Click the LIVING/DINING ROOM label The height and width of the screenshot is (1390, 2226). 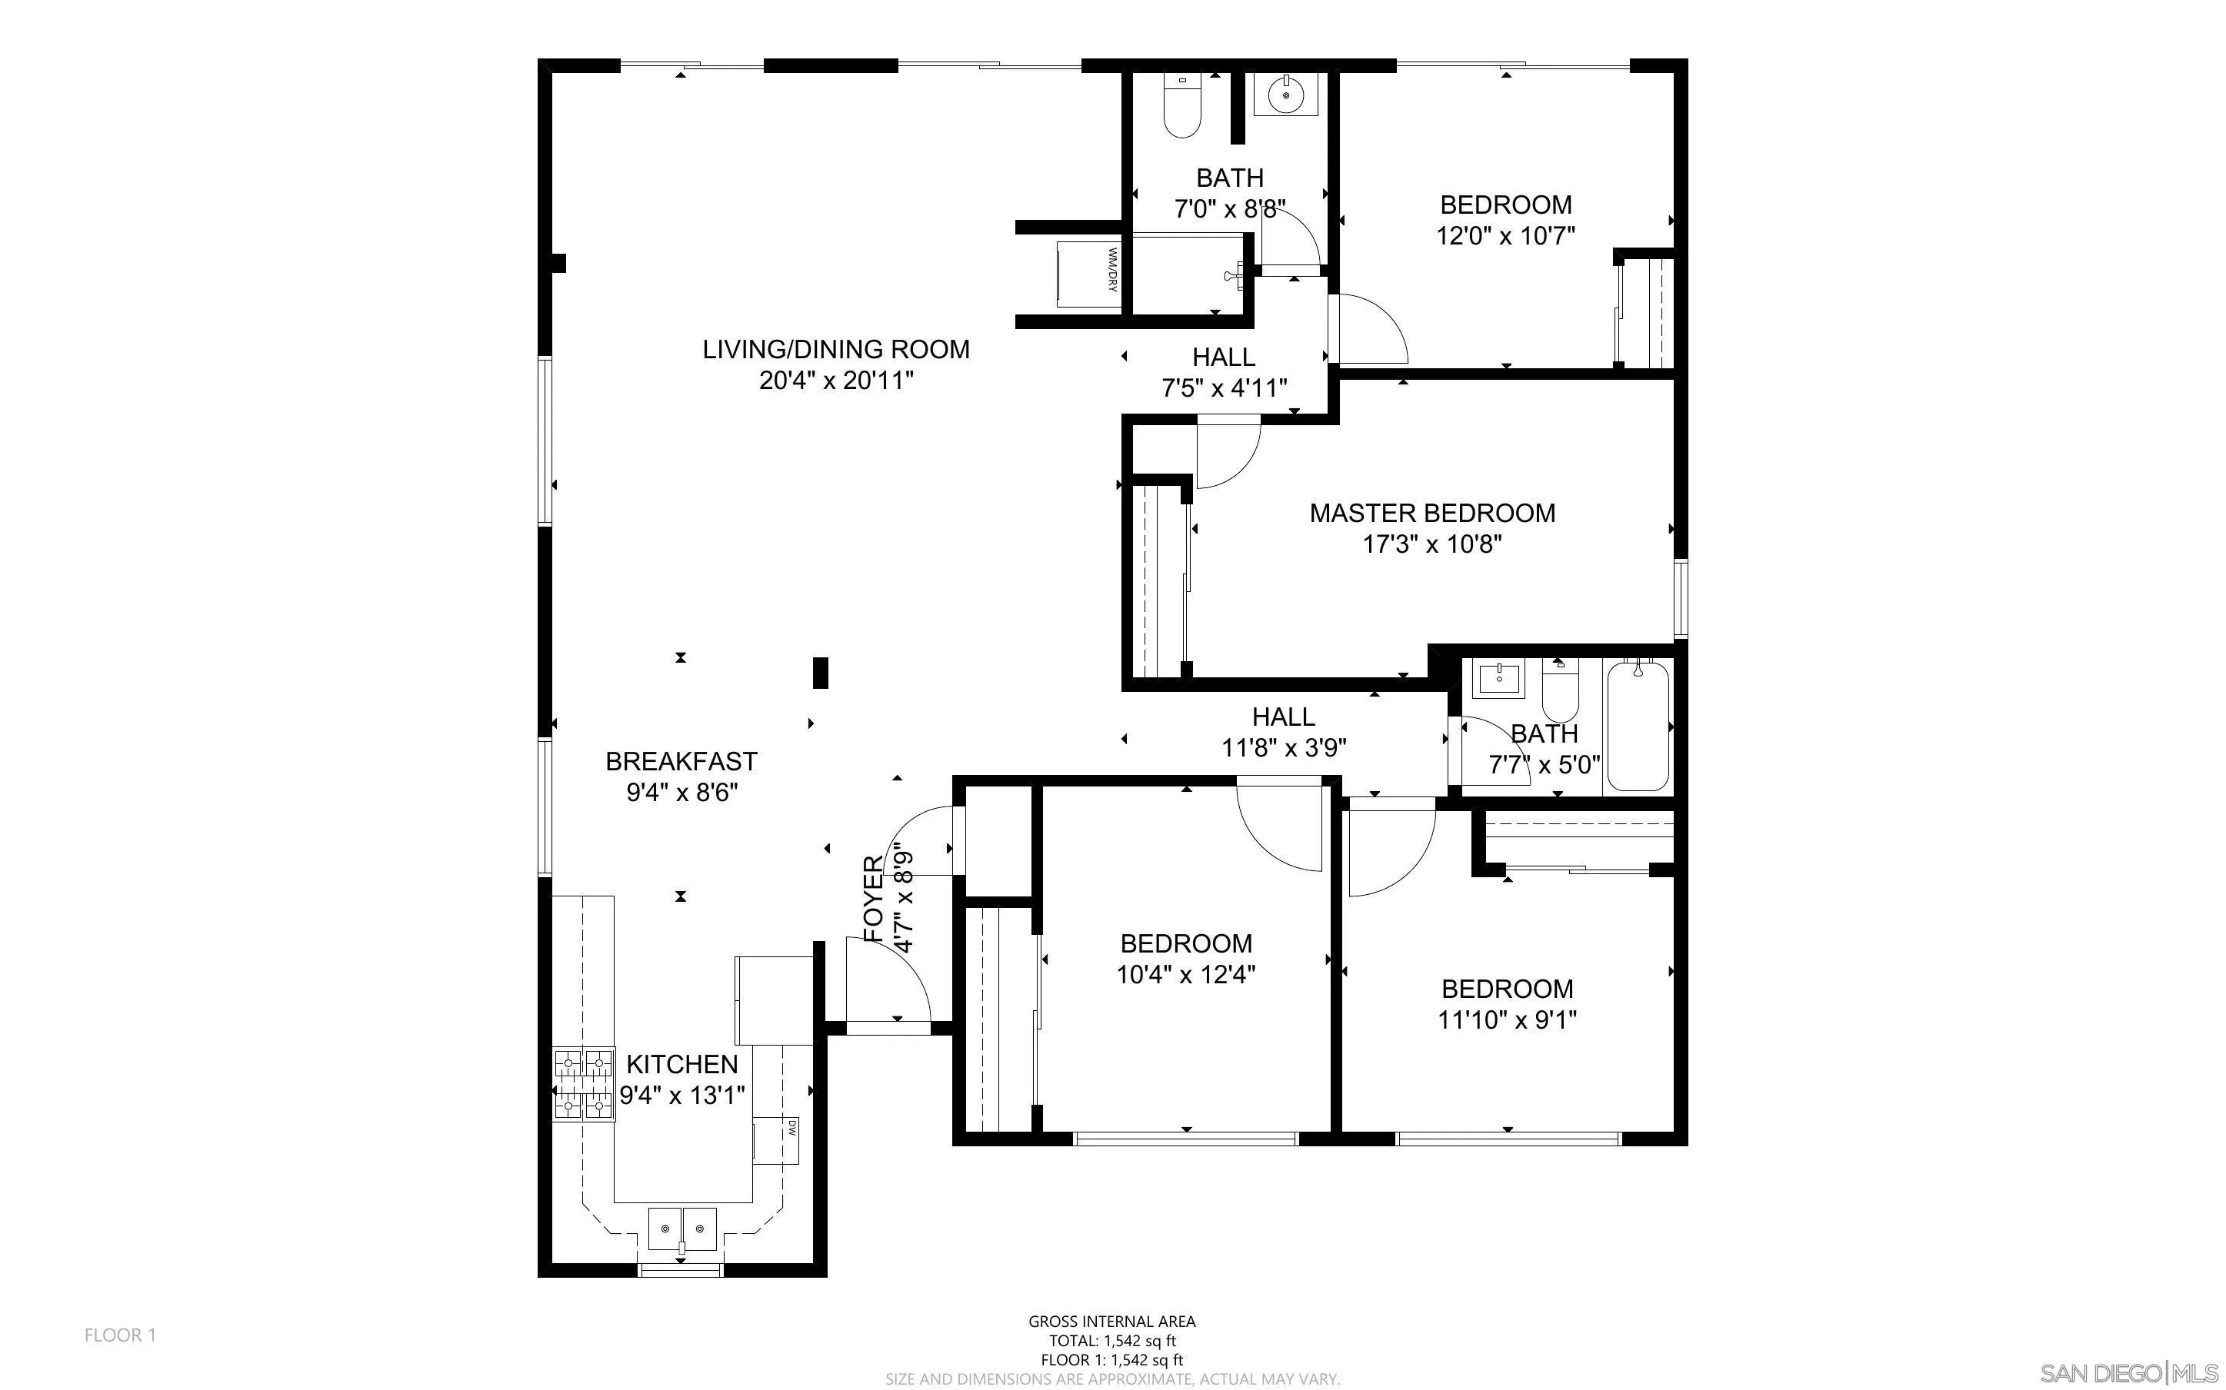coord(836,349)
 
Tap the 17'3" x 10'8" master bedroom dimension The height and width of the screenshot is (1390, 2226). coord(1431,544)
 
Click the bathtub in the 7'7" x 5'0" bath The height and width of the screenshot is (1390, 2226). coord(1638,727)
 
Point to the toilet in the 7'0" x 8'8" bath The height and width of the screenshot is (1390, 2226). coord(1182,106)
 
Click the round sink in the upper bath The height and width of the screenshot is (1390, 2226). coord(1285,95)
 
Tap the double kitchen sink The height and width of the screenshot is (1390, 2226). coord(681,1229)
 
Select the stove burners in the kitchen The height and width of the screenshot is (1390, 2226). coord(583,1086)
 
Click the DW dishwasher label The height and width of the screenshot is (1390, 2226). coord(791,1127)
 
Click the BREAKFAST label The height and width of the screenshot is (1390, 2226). coord(681,761)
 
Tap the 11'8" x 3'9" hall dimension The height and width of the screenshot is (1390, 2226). coord(1284,747)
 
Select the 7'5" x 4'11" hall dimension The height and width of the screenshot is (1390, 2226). coord(1224,388)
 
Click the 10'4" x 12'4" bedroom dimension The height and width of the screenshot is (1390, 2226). coord(1185,975)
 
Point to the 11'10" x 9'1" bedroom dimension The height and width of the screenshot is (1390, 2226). coord(1507,1019)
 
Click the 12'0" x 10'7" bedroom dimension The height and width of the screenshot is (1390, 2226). coord(1505,235)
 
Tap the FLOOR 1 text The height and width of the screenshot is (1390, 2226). coord(121,1335)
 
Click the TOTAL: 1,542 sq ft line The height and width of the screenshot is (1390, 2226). coord(1111,1340)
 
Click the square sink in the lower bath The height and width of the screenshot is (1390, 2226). coord(1498,680)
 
